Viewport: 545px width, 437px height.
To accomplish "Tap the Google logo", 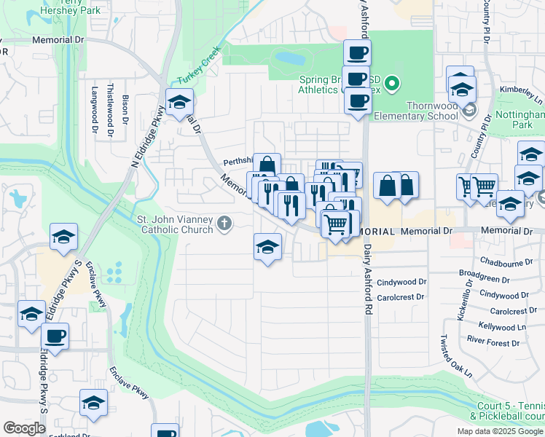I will point(25,428).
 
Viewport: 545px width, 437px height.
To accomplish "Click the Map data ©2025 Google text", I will point(500,431).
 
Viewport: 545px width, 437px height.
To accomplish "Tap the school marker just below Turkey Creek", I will point(178,103).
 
